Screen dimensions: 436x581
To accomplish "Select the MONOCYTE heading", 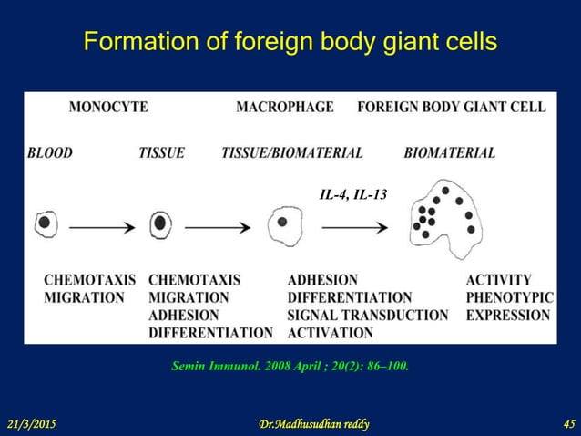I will click(108, 107).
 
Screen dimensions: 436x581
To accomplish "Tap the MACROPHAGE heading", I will click(284, 107).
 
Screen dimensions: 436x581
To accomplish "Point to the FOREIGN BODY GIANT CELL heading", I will click(452, 107).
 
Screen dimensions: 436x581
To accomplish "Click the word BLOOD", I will click(50, 153).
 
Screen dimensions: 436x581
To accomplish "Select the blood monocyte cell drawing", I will click(46, 223).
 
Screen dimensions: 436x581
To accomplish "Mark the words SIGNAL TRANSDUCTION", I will click(368, 315).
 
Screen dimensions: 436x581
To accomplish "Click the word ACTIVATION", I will click(330, 333).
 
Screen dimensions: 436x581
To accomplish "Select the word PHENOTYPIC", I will click(507, 297).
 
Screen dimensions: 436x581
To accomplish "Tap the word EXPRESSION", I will click(507, 315).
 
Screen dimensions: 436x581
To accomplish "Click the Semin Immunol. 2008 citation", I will click(290, 367).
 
